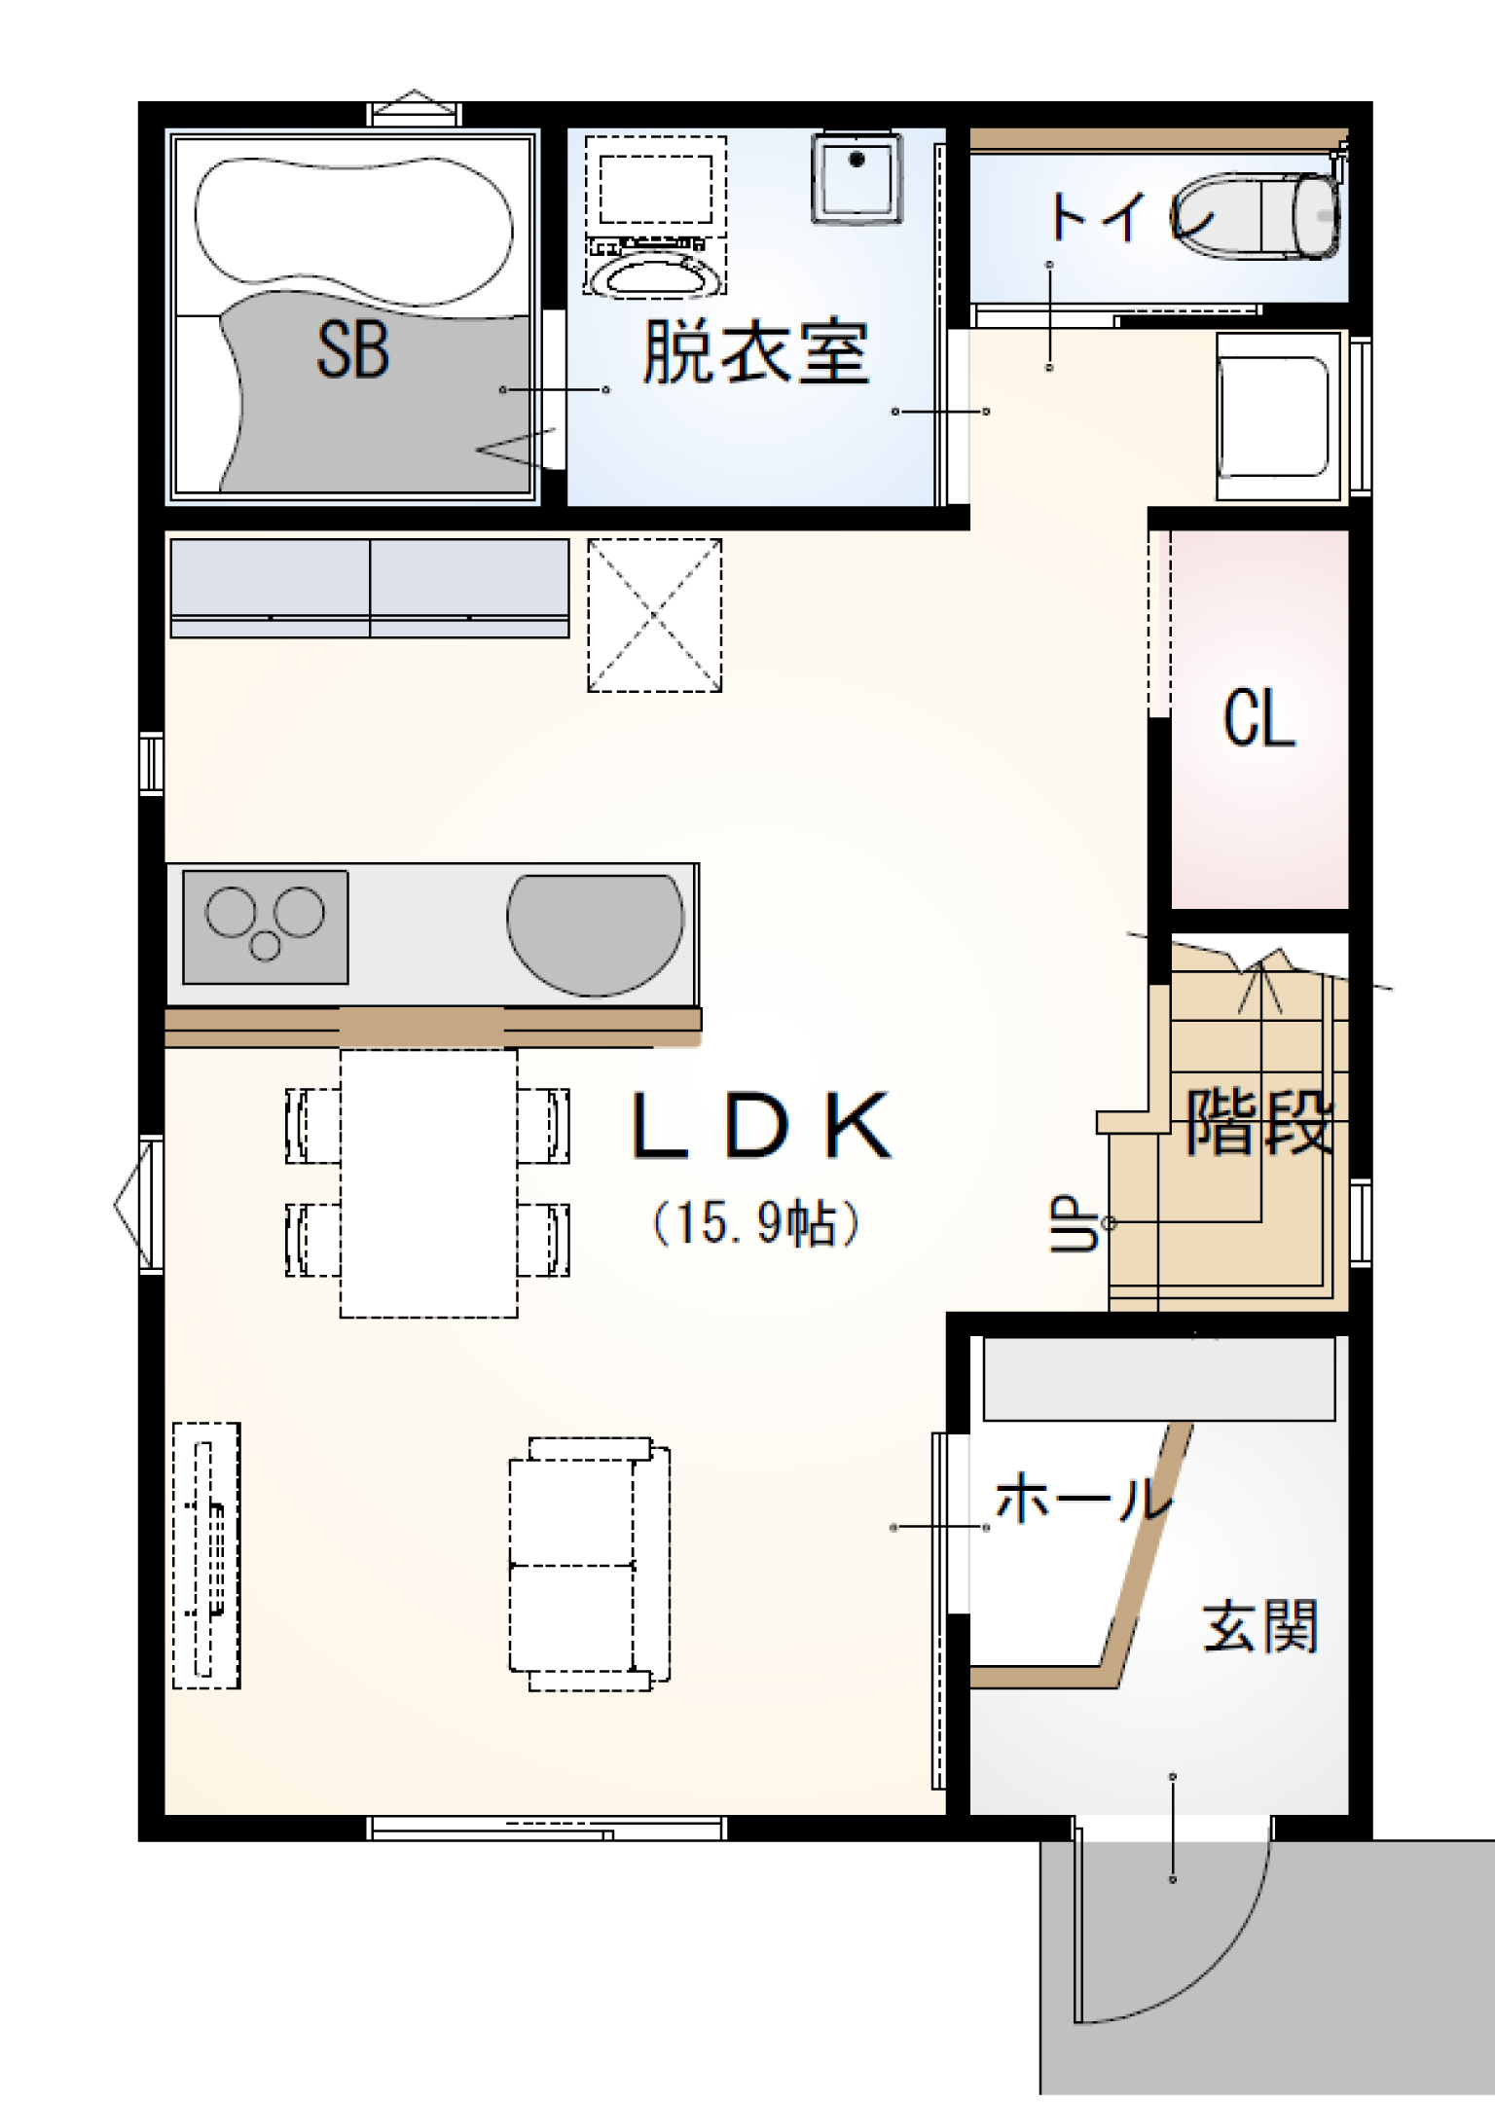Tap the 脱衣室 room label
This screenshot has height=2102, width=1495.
[x=755, y=352]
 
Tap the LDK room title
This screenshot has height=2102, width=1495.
[x=761, y=1125]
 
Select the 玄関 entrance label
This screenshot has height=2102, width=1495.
[x=1260, y=1626]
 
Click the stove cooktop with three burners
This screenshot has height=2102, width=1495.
[x=265, y=927]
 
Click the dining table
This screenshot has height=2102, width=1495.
[x=428, y=1182]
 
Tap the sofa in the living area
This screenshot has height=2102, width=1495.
[x=589, y=1564]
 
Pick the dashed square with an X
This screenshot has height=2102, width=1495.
[x=654, y=615]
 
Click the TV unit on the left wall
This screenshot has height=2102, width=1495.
[x=206, y=1555]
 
